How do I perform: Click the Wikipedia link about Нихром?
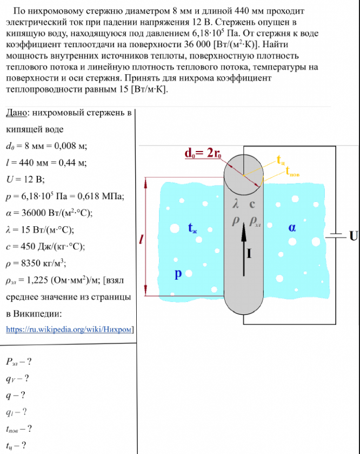point(69,329)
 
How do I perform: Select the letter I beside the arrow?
point(250,253)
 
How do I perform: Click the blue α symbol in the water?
point(292,228)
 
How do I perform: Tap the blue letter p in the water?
point(177,274)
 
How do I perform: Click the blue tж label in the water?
point(193,228)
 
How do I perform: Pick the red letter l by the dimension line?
point(141,239)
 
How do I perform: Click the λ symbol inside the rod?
point(235,205)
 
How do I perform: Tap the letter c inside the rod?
point(252,205)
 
